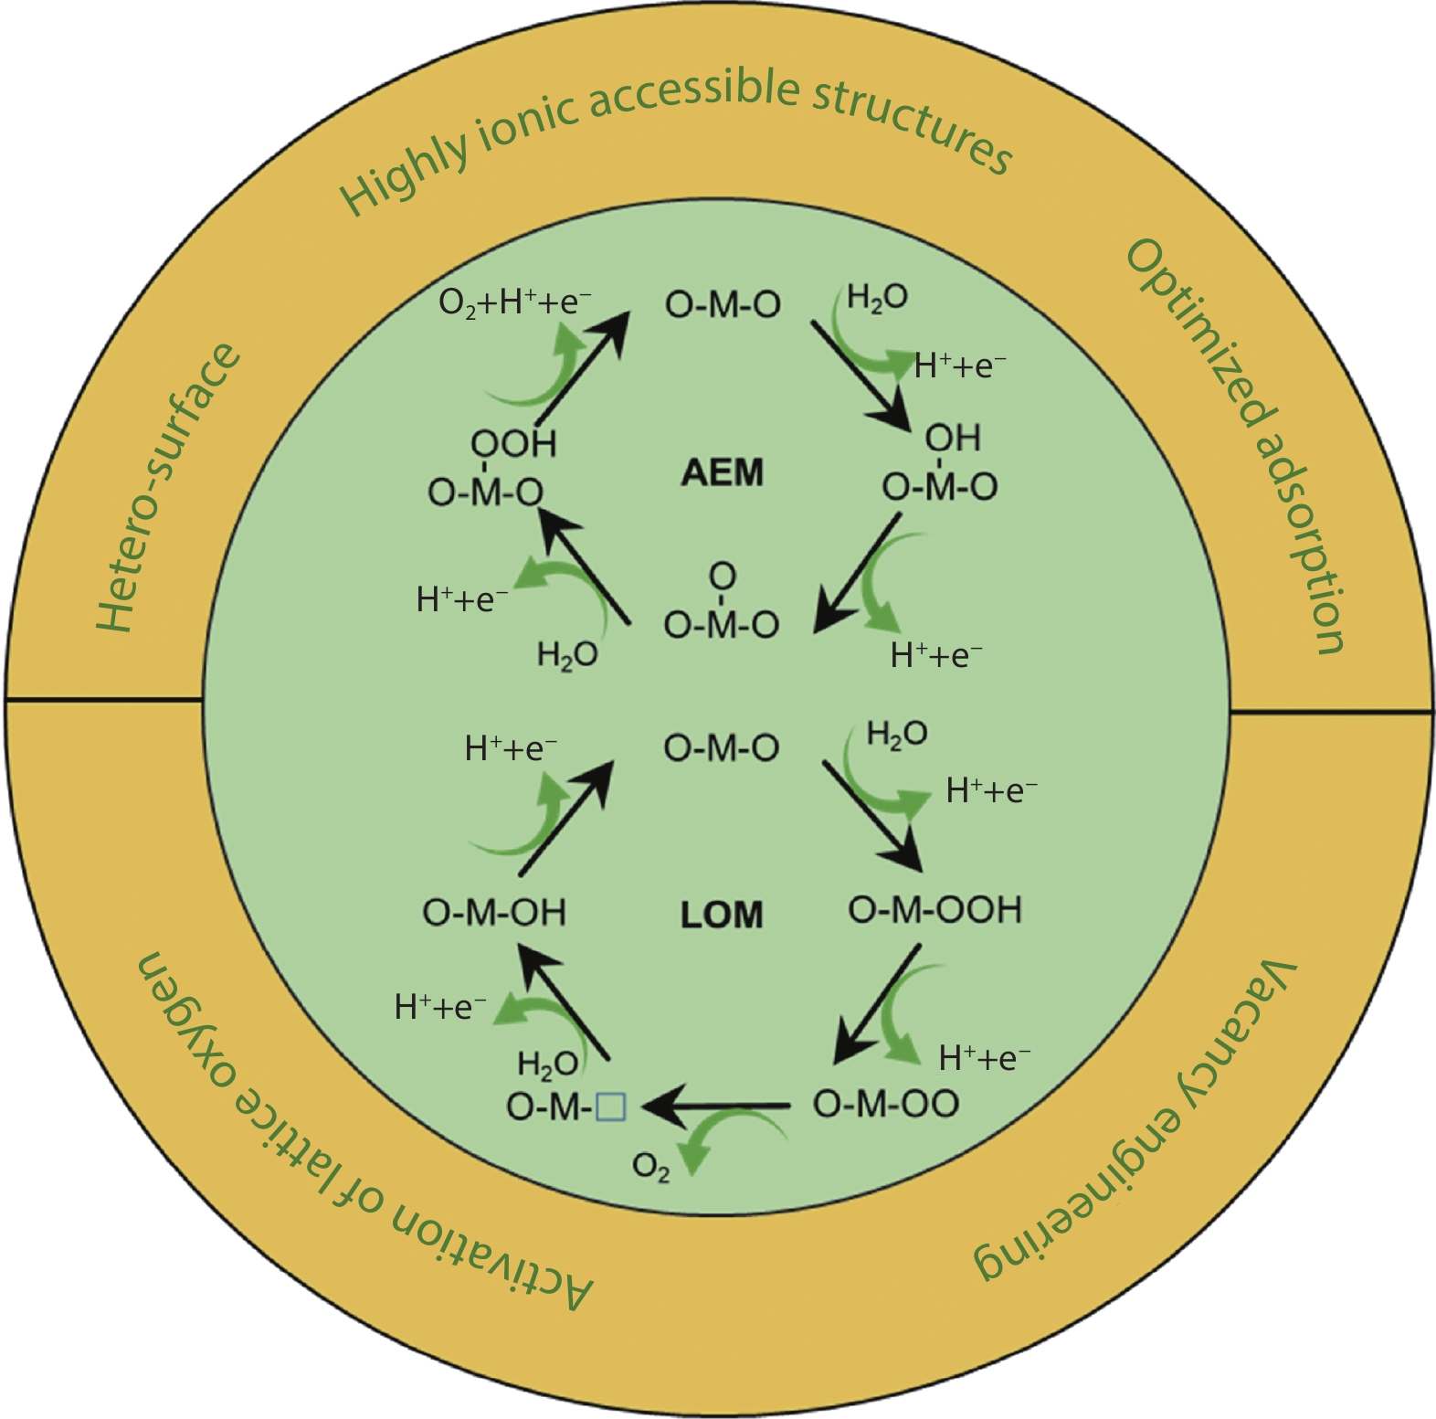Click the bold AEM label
pos(722,473)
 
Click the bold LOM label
pos(722,915)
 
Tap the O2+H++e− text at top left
pos(514,302)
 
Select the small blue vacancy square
pos(610,1107)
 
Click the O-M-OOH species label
pos(934,910)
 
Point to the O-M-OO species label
pos(886,1104)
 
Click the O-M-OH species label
pos(494,913)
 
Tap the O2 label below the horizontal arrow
pos(650,1168)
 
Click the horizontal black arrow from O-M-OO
pos(717,1107)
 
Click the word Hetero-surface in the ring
pos(169,489)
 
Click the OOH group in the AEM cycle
pos(513,444)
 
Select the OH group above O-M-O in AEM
pos(953,439)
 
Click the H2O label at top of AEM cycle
pos(877,298)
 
